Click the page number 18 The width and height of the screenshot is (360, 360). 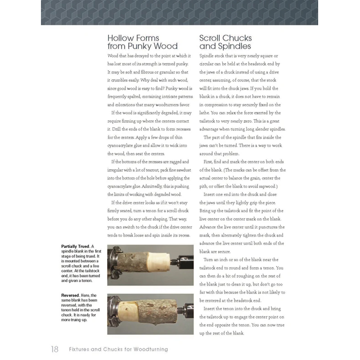(x=54, y=349)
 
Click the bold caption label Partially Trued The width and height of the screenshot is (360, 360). (x=75, y=246)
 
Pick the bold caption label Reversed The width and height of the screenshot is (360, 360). (x=71, y=295)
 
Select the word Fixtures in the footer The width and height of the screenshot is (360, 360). (x=80, y=349)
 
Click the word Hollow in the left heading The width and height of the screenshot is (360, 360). (x=120, y=38)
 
